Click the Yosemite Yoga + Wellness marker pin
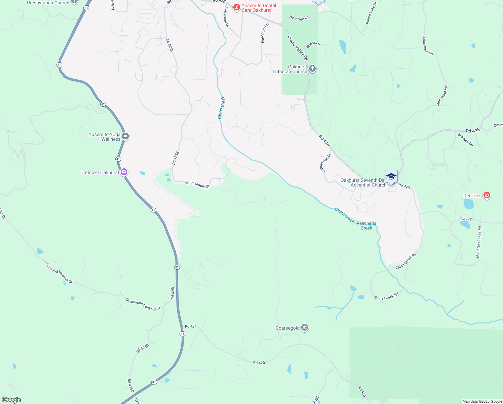(x=125, y=136)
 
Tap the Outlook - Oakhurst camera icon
(x=124, y=172)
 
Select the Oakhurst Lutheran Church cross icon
(x=312, y=69)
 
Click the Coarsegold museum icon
(x=305, y=328)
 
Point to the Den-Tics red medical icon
(x=487, y=195)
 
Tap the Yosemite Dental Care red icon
(x=237, y=7)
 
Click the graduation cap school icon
(x=391, y=177)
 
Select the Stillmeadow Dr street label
(x=197, y=184)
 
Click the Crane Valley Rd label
(x=298, y=48)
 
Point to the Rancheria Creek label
(x=366, y=226)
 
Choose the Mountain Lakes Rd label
(x=479, y=242)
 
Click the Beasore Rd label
(x=465, y=139)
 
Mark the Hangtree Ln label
(x=299, y=18)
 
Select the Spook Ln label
(x=313, y=44)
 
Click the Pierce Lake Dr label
(x=371, y=13)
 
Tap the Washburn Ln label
(x=265, y=33)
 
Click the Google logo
(x=11, y=400)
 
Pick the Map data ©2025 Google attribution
(x=482, y=401)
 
